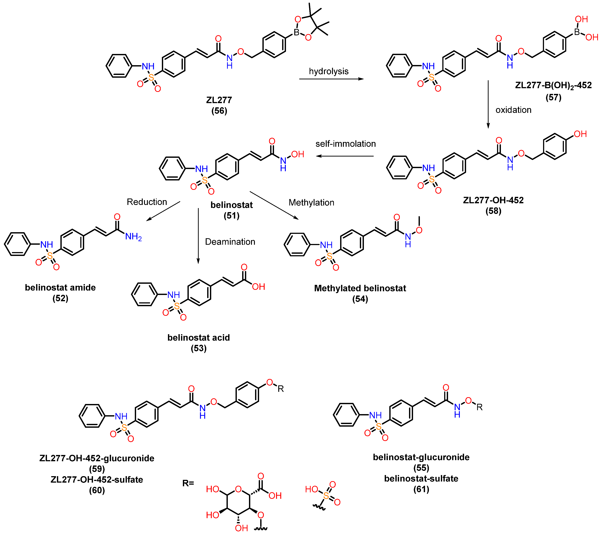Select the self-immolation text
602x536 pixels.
[345, 144]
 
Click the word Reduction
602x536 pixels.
[147, 202]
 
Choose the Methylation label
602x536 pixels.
[311, 202]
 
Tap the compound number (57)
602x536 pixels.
[553, 97]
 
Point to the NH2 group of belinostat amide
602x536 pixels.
[133, 236]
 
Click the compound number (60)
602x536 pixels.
[97, 490]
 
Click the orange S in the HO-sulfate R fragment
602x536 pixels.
[326, 496]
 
